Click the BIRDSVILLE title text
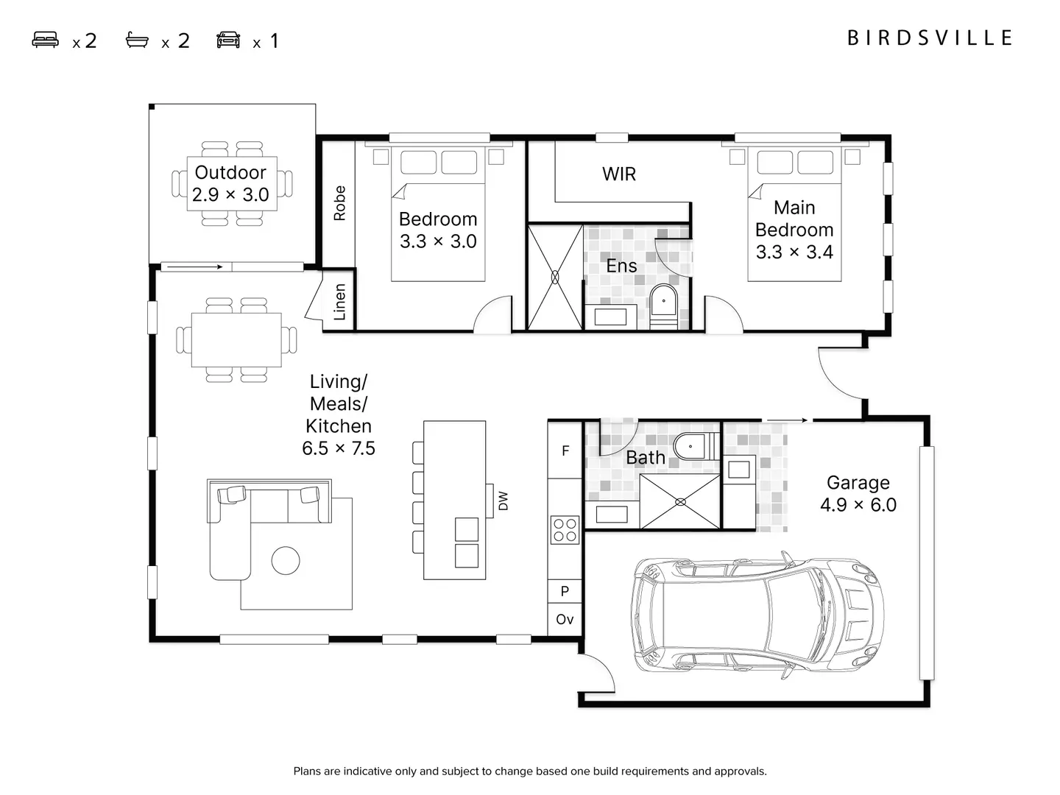pos(930,38)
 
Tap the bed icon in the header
pos(46,40)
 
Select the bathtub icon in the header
pos(137,40)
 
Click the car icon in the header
pos(228,40)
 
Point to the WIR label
pos(619,174)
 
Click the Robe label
pos(339,203)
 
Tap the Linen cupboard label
pos(339,302)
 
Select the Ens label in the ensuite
pos(621,266)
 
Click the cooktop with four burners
pos(565,530)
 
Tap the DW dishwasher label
pos(503,501)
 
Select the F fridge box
pos(565,451)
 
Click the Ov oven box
pos(565,619)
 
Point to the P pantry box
pos(565,591)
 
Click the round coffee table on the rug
pos(286,561)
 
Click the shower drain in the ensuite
pos(555,277)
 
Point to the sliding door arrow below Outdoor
pos(193,266)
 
